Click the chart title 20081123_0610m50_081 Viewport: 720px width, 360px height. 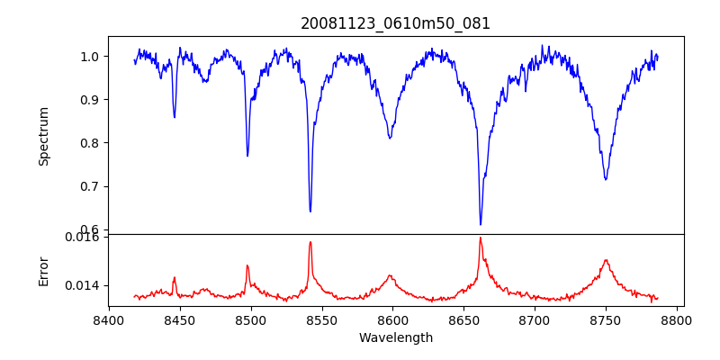tap(395, 23)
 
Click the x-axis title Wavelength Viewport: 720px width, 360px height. tap(395, 338)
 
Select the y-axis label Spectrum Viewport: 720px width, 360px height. tap(43, 136)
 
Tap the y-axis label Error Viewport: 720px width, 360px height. tap(43, 270)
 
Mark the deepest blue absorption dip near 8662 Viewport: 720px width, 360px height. tap(481, 224)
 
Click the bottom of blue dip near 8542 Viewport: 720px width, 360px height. tap(310, 211)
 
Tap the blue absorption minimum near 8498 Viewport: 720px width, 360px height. tap(247, 156)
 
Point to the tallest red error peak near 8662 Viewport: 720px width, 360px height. tap(481, 238)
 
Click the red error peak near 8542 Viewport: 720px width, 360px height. tap(310, 241)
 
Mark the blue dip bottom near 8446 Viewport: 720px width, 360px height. tap(175, 117)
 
